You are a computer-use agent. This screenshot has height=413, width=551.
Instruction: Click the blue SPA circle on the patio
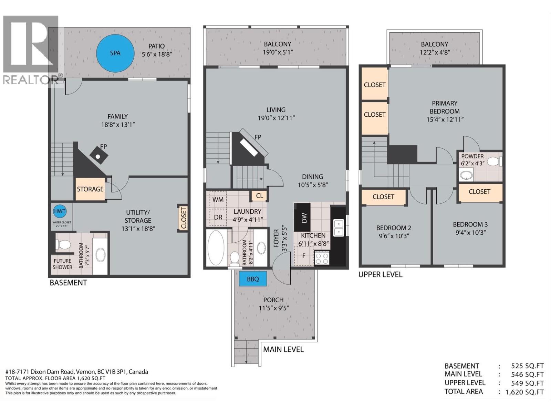click(115, 53)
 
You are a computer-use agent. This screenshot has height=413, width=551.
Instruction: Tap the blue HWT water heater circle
click(60, 211)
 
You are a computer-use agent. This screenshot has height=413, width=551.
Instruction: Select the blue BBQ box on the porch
click(253, 279)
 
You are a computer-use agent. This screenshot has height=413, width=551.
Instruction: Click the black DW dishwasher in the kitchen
click(304, 217)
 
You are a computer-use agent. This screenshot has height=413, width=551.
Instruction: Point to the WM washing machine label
click(218, 200)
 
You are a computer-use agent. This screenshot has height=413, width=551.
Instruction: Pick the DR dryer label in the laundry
click(218, 218)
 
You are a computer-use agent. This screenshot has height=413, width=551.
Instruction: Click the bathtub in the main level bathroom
click(216, 248)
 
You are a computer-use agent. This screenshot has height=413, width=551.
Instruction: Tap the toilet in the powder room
click(495, 161)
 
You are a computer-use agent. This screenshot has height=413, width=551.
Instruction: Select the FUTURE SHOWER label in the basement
click(62, 264)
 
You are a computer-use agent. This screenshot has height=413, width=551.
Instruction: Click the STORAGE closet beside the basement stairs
click(90, 189)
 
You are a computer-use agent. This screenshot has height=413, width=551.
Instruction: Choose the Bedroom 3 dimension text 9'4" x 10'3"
click(470, 233)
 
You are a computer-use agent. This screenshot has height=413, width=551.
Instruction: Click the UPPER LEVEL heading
click(380, 275)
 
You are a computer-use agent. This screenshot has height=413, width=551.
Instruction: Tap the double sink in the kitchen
click(339, 228)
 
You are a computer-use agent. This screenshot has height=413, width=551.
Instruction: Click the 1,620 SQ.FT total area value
click(524, 392)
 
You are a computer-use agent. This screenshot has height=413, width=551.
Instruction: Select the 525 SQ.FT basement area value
click(527, 366)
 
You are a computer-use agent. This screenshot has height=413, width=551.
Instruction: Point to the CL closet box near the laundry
click(260, 196)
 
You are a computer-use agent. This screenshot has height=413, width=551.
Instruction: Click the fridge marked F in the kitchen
click(303, 256)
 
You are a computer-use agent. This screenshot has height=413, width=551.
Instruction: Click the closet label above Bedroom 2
click(383, 197)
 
